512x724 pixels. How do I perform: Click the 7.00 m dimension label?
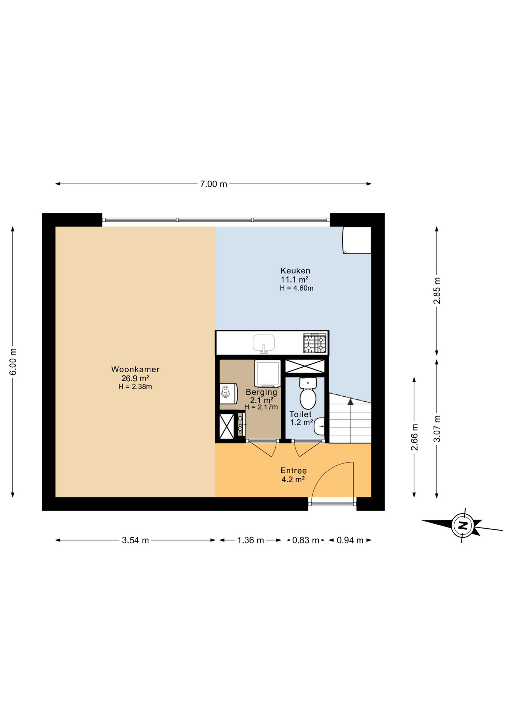213,184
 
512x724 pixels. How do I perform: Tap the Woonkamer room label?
135,369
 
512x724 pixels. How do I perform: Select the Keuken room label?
295,270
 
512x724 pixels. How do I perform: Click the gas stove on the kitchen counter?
314,343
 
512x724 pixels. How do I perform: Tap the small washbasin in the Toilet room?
320,426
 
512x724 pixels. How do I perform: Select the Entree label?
293,470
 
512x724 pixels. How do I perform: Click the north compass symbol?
463,525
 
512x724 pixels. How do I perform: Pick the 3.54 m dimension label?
135,540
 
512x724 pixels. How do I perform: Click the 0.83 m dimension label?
305,540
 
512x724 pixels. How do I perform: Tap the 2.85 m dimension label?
437,290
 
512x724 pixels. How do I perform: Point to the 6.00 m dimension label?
13,362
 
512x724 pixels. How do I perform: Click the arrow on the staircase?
351,402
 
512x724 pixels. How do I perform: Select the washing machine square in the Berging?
267,373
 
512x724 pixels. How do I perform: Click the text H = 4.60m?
296,288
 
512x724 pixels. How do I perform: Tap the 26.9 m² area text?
135,378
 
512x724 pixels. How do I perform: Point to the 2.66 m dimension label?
414,437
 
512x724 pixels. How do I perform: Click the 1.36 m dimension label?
250,540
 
